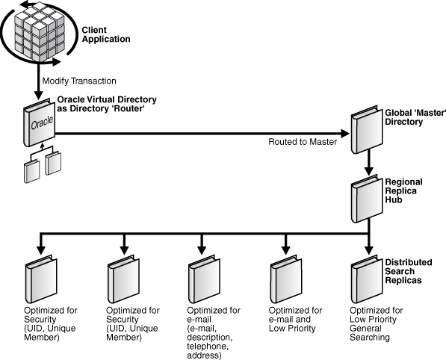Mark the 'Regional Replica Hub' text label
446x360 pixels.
(x=404, y=192)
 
